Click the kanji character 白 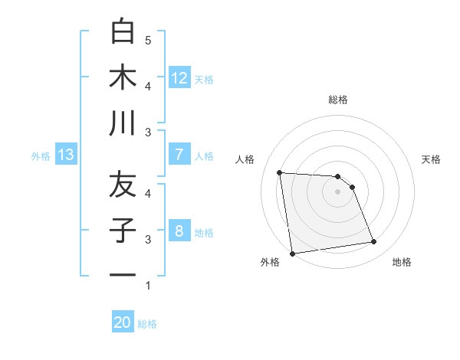pos(123,32)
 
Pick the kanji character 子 pos(123,230)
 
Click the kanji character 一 pos(123,274)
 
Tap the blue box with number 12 pos(179,77)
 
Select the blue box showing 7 pos(179,155)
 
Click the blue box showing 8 pos(179,231)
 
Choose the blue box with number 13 pos(65,155)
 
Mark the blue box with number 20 pos(123,322)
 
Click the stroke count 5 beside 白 pos(148,40)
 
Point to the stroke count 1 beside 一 pos(148,286)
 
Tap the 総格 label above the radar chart pos(337,100)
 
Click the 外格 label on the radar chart pos(270,262)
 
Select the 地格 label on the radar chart pos(402,262)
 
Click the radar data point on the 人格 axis pos(280,172)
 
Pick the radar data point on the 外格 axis pos(292,254)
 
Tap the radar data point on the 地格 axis pos(374,242)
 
